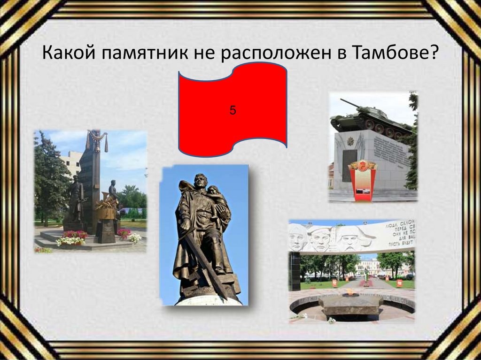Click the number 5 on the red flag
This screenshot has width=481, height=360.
[x=233, y=111]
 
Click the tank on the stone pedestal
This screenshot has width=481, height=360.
[x=371, y=120]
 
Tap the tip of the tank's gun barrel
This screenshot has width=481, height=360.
[x=341, y=100]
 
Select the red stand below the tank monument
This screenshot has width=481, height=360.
[x=362, y=181]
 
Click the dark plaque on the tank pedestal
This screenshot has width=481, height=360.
[x=348, y=164]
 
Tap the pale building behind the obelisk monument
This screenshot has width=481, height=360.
[x=70, y=162]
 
